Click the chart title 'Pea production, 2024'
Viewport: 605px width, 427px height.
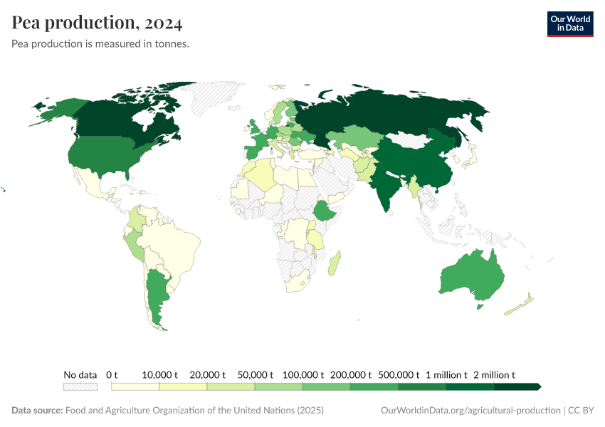[x=97, y=23]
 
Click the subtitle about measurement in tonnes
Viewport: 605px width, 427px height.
[x=100, y=44]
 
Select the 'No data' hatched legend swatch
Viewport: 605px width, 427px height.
[x=80, y=386]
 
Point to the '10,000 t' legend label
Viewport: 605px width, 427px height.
[x=159, y=374]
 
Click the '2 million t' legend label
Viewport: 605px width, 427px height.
[x=493, y=374]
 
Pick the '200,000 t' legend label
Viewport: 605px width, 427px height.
[x=351, y=374]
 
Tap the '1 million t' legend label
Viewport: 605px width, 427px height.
[x=446, y=374]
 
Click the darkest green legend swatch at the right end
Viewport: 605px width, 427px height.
[x=517, y=386]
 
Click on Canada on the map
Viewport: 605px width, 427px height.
[x=121, y=121]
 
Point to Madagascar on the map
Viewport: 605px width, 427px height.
[x=335, y=263]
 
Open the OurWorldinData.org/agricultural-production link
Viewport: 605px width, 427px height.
[x=470, y=411]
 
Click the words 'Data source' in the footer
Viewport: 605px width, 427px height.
[x=37, y=411]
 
